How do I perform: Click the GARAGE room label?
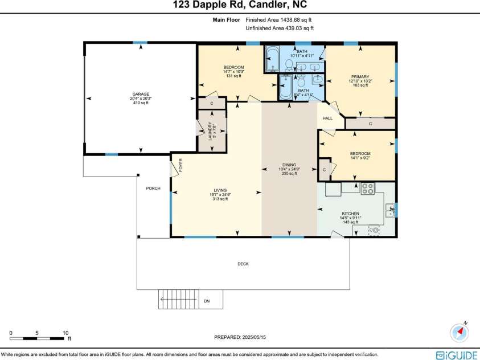141,94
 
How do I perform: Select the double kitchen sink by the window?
391,210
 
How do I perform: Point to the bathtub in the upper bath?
272,59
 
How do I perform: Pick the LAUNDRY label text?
210,130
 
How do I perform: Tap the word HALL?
327,118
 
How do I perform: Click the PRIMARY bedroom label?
360,77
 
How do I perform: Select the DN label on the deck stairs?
206,300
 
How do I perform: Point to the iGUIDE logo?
456,355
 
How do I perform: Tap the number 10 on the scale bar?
65,333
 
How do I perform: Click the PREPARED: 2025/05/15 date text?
240,337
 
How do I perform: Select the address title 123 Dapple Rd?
239,6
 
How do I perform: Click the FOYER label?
181,165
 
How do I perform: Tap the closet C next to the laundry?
211,103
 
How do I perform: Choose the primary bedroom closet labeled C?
370,123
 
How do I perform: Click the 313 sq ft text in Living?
220,199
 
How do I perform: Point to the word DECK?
243,264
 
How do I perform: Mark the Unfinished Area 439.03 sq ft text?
280,28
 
